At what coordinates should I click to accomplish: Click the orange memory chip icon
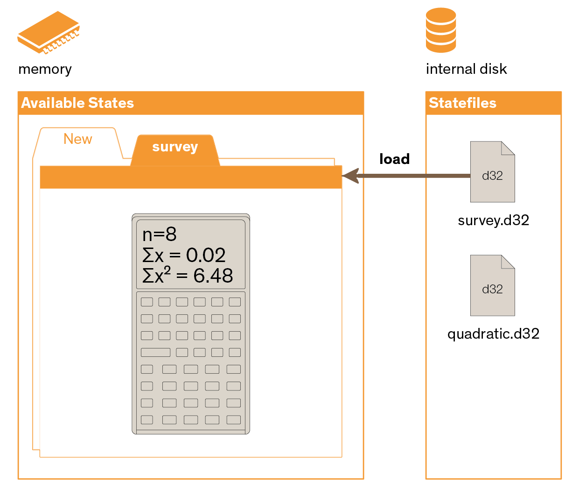[x=48, y=32]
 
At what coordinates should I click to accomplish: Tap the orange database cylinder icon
[x=440, y=30]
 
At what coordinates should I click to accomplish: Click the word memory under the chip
[x=45, y=69]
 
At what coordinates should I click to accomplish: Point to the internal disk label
[x=466, y=69]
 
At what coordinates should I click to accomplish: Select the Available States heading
[x=77, y=103]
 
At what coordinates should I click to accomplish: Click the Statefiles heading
[x=462, y=103]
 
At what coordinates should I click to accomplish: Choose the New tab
[x=77, y=139]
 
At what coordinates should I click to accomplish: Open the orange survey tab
[x=175, y=150]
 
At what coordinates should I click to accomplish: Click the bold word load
[x=394, y=159]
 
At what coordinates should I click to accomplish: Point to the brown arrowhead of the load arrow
[x=350, y=176]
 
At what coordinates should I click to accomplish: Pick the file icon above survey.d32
[x=492, y=171]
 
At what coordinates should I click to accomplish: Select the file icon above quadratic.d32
[x=492, y=285]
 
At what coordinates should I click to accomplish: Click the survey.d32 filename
[x=493, y=220]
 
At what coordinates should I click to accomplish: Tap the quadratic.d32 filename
[x=493, y=334]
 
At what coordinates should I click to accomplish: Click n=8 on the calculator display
[x=159, y=234]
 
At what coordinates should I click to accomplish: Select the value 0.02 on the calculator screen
[x=206, y=255]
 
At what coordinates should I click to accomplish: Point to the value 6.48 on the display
[x=213, y=276]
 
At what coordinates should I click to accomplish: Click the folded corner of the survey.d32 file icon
[x=508, y=148]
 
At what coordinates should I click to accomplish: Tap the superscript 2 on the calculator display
[x=167, y=270]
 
